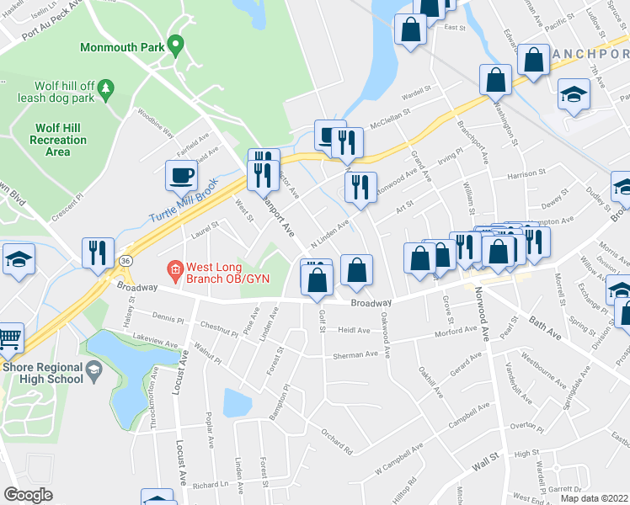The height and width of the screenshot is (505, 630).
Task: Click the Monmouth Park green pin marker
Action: pyautogui.click(x=175, y=44)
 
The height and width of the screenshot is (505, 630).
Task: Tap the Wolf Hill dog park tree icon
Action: pyautogui.click(x=105, y=88)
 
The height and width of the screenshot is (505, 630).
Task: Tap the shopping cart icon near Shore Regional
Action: pyautogui.click(x=8, y=337)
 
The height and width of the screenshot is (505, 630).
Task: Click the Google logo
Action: pyautogui.click(x=28, y=495)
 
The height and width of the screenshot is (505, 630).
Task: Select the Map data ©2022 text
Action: pyautogui.click(x=594, y=498)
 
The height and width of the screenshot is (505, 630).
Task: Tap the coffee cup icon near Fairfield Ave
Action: pyautogui.click(x=182, y=175)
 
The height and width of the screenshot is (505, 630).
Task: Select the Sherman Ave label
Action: pyautogui.click(x=355, y=354)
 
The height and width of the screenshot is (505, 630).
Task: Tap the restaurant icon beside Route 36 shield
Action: pyautogui.click(x=98, y=252)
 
